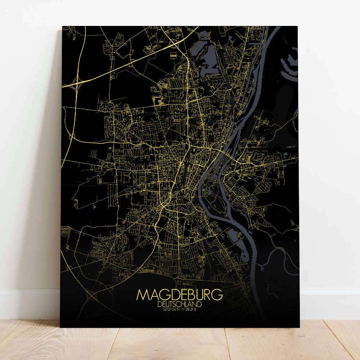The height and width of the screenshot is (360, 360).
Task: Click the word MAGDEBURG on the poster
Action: coord(179,294)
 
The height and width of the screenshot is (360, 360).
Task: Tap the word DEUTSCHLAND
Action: coord(179,304)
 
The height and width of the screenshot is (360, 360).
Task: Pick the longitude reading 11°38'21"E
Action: coord(189,309)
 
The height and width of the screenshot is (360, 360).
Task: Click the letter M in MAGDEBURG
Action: coord(142,294)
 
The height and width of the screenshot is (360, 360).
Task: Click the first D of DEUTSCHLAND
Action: coord(160,304)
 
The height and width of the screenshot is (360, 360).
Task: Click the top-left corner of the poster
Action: coord(62,26)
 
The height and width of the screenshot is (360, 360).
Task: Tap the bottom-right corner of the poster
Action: coord(299,327)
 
